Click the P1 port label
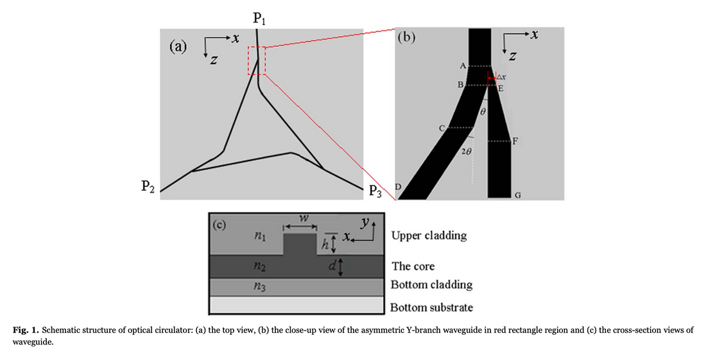[x=259, y=19]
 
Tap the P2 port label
[x=147, y=187]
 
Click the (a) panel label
[x=177, y=47]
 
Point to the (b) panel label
[x=407, y=37]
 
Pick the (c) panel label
[x=220, y=225]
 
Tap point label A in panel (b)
[x=462, y=66]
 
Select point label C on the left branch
[x=442, y=128]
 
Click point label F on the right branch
[x=515, y=141]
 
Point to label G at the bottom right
[x=517, y=194]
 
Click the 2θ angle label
[x=467, y=151]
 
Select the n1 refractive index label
[x=257, y=237]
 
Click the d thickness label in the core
[x=331, y=266]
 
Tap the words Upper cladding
[x=429, y=236]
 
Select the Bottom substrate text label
[x=431, y=307]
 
